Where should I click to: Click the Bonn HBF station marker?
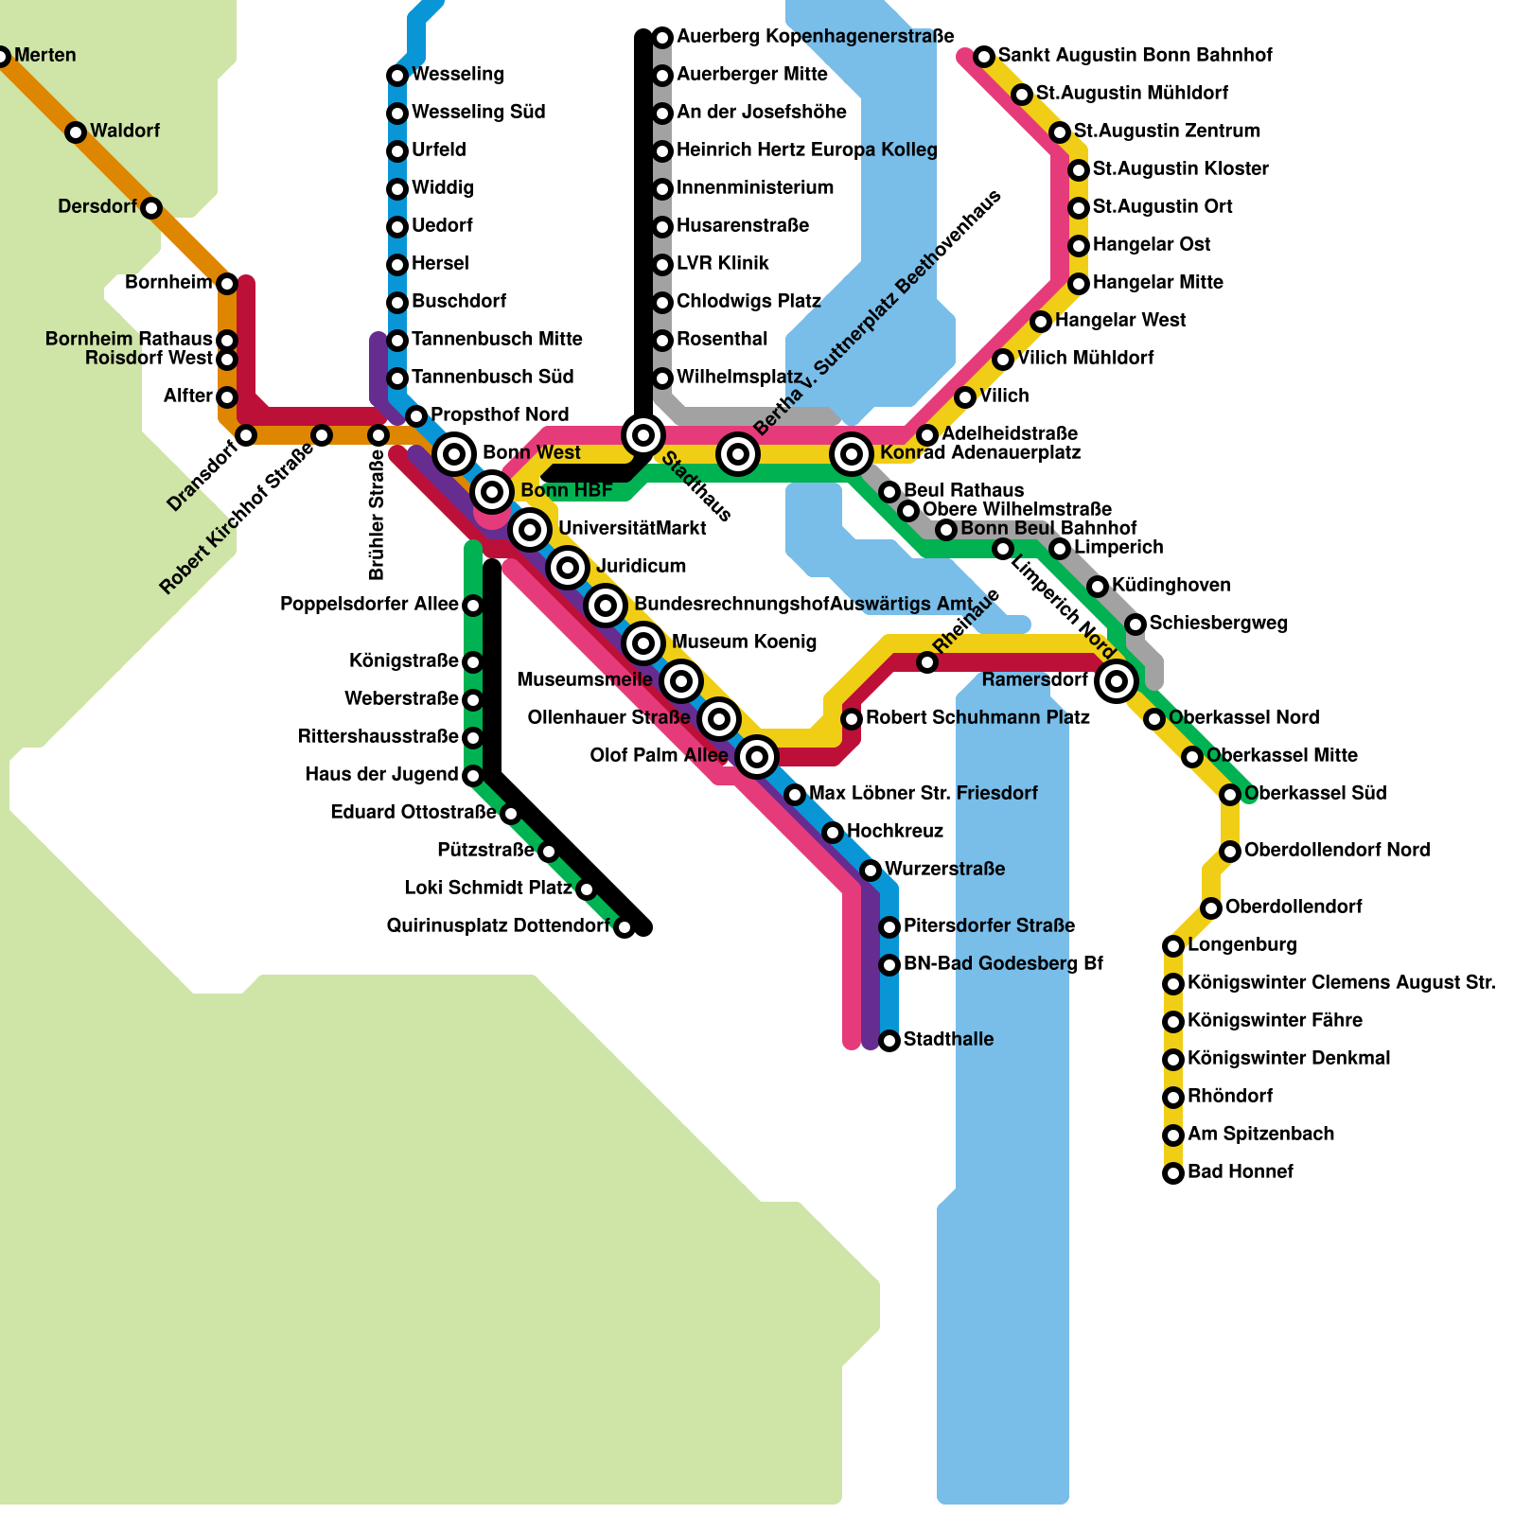coord(491,491)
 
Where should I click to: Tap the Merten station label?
coord(44,56)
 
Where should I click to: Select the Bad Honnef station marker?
coord(1173,1173)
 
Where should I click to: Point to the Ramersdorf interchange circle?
coord(1117,680)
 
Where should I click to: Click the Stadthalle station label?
coord(948,1039)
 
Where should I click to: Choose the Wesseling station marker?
coord(397,76)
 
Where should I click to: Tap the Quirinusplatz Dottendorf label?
coord(498,925)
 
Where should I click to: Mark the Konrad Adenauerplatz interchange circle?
coord(852,454)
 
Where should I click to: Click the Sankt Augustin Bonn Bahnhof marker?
coord(984,57)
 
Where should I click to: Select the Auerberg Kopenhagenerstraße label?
coord(815,37)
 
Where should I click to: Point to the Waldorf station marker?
coord(76,132)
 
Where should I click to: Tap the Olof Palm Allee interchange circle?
coord(756,756)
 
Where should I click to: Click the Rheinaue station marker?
coord(927,662)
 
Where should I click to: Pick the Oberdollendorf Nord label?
coord(1336,850)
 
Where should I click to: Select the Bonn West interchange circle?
coord(454,454)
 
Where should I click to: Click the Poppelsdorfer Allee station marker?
coord(473,606)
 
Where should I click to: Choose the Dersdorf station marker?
coord(151,208)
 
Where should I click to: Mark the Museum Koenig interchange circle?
coord(643,643)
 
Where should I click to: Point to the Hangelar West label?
coord(1119,320)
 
